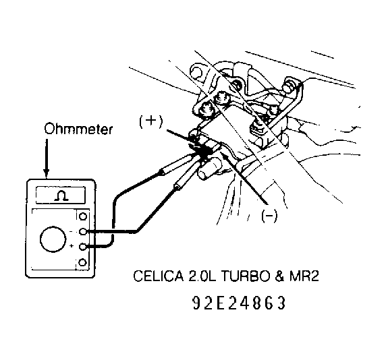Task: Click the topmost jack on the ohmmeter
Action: click(83, 217)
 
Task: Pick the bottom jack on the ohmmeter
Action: click(83, 262)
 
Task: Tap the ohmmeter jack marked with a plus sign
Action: click(83, 247)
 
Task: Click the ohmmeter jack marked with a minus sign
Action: click(83, 232)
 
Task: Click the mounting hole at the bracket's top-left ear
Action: click(198, 69)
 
